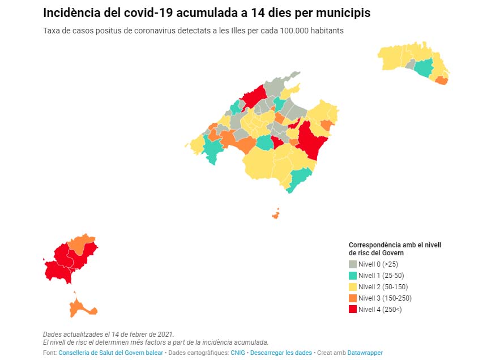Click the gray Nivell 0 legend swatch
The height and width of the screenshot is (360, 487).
coord(353,264)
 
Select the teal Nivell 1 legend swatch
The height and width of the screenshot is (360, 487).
coord(353,275)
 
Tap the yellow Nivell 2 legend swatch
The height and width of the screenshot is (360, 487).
coord(353,287)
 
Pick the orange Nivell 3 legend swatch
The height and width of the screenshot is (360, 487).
coord(353,298)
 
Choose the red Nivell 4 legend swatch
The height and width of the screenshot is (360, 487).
coord(353,309)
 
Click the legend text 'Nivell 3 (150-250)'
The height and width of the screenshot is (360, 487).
coord(385,298)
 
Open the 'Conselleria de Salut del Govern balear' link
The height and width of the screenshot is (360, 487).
coord(110,353)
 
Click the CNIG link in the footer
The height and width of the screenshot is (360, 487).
coord(238,353)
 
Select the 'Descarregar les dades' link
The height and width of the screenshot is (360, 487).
coord(281,353)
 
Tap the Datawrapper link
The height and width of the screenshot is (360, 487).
coord(365,353)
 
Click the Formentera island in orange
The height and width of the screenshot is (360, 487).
coord(82,306)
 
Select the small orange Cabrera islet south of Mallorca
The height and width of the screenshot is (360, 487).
coord(275,215)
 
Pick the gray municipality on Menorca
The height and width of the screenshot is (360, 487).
coord(411,65)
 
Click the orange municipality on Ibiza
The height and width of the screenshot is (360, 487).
coord(80,243)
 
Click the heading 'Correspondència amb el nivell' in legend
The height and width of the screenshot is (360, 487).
coord(395,245)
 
